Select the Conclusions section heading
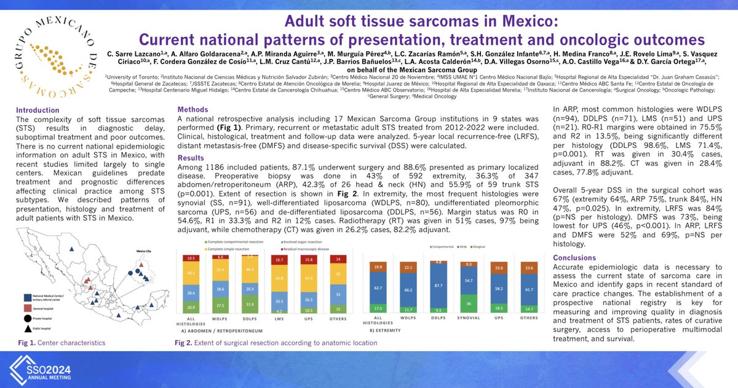click(x=577, y=257)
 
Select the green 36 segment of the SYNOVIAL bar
click(x=469, y=304)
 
